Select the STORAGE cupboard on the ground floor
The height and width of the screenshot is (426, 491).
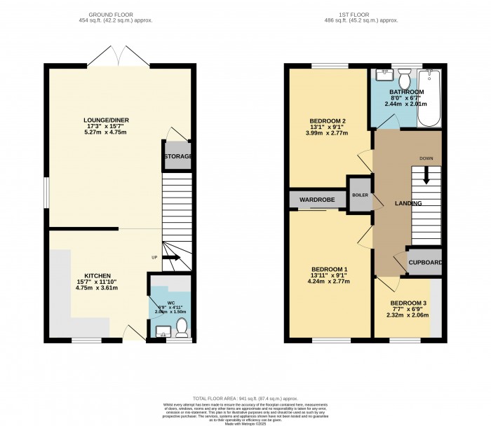[x=178, y=156]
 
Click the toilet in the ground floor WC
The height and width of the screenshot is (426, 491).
[x=181, y=326]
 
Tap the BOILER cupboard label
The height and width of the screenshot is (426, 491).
[x=360, y=195]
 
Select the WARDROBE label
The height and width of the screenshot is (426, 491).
[x=317, y=200]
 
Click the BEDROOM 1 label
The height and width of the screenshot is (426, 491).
[x=330, y=270]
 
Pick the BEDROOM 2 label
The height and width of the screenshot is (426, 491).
[x=328, y=121]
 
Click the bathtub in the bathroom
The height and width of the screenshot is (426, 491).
[x=429, y=98]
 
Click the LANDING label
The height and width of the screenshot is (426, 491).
[x=408, y=203]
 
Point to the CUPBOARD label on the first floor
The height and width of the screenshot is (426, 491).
[x=425, y=263]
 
